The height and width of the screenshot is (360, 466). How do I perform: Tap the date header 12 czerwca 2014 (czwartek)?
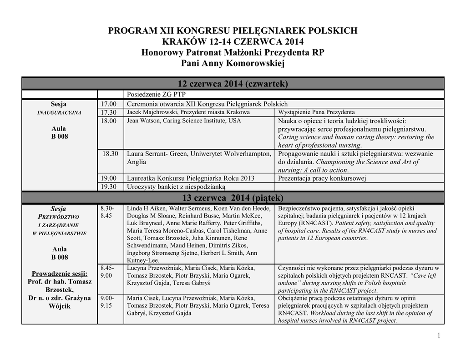tap(233, 84)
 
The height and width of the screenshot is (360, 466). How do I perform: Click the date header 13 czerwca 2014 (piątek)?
tap(233, 198)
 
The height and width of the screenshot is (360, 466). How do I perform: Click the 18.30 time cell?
tap(110, 154)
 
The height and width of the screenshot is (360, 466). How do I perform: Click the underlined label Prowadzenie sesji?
tap(59, 274)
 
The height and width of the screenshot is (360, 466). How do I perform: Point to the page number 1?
tap(439, 335)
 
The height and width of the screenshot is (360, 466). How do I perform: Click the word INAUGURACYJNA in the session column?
tap(59, 113)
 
